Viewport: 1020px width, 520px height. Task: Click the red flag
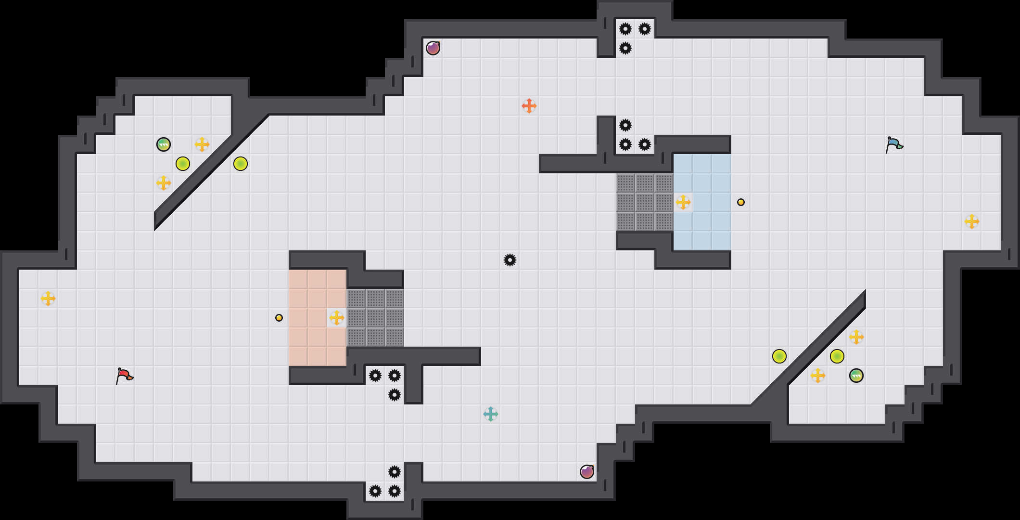click(124, 376)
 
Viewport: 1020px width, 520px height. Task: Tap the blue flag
click(894, 144)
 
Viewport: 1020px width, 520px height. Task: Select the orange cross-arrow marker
click(529, 106)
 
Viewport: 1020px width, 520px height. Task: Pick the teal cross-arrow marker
click(491, 414)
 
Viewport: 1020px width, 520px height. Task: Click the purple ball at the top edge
click(433, 48)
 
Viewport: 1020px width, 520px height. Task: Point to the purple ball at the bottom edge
click(587, 472)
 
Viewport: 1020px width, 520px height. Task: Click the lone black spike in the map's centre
click(510, 260)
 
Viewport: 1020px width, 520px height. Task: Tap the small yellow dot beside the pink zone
click(279, 318)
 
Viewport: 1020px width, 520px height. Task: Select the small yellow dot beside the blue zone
click(741, 202)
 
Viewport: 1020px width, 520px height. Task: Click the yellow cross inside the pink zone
click(337, 318)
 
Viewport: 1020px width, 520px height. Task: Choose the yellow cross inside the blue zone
click(683, 202)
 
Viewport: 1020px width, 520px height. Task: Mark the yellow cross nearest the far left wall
click(48, 299)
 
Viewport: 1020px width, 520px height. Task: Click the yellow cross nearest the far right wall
click(972, 221)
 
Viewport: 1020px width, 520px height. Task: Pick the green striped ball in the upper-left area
click(164, 144)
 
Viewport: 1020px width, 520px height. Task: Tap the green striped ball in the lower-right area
click(856, 376)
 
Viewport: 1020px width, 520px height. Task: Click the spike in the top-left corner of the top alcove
click(625, 29)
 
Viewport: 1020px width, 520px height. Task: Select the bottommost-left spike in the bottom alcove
click(375, 491)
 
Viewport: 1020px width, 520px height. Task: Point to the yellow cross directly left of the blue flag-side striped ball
click(818, 376)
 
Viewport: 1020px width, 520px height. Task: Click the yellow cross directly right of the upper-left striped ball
click(202, 144)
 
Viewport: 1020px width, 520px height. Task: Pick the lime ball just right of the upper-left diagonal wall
click(241, 164)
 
